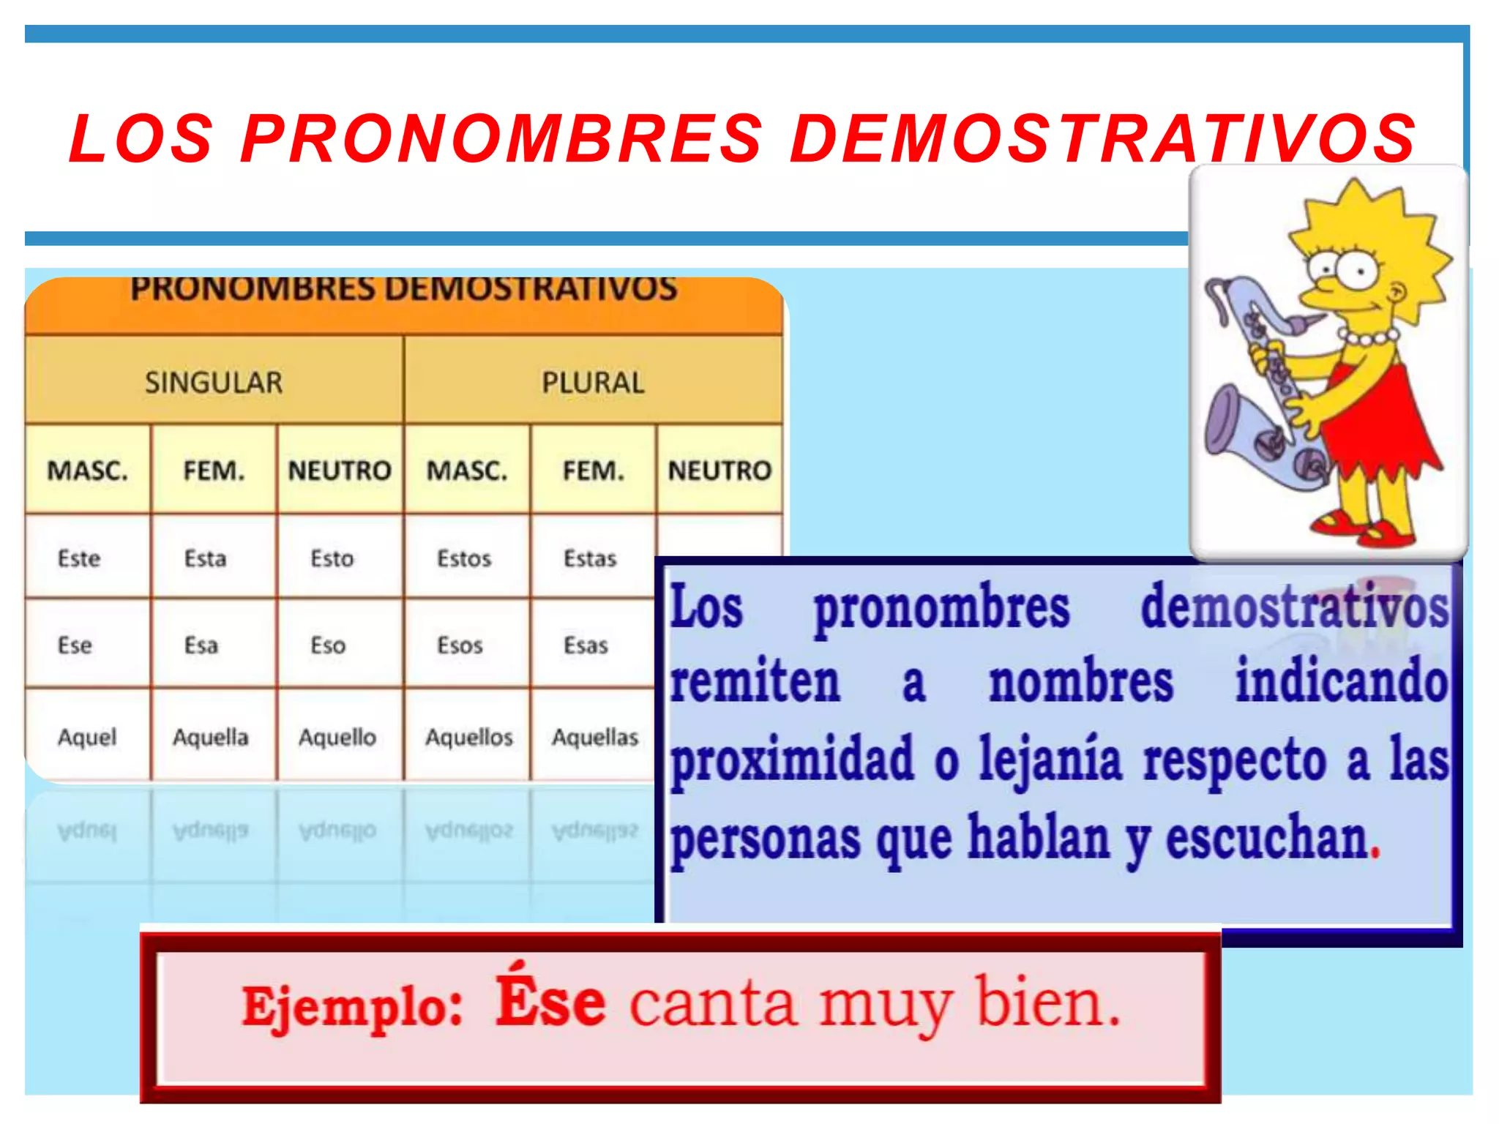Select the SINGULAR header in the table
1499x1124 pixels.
point(213,383)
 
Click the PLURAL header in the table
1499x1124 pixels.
point(593,383)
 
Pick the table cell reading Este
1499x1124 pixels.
point(79,559)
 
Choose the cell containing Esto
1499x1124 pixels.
point(332,559)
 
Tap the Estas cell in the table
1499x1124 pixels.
point(590,559)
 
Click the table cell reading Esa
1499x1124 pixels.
point(201,645)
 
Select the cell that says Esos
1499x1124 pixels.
point(460,645)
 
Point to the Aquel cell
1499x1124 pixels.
point(87,737)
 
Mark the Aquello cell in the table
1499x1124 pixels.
point(337,737)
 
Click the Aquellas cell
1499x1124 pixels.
point(595,737)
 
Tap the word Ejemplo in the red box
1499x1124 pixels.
point(352,1007)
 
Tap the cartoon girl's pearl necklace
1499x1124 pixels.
point(1368,337)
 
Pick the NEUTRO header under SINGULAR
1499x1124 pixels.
point(340,471)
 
